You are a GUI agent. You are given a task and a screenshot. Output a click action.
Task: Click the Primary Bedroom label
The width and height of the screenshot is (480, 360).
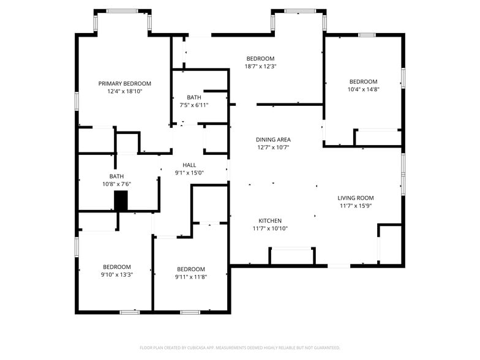(125, 83)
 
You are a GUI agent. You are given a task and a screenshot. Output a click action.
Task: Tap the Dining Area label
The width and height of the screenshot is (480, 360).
(273, 140)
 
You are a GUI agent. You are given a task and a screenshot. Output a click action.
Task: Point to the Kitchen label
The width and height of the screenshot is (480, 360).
(270, 220)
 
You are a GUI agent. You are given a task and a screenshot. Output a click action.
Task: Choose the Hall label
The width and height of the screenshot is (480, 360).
(189, 165)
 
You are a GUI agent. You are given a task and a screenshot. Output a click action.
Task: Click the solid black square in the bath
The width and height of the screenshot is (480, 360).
(121, 201)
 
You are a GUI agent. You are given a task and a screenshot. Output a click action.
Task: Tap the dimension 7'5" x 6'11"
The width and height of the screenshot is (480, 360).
(194, 105)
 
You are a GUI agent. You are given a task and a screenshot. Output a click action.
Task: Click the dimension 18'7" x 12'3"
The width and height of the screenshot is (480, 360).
(261, 66)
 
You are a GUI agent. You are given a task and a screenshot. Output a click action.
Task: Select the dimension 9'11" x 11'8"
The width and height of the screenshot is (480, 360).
(191, 277)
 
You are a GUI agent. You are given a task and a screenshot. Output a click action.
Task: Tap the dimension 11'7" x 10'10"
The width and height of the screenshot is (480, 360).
(270, 228)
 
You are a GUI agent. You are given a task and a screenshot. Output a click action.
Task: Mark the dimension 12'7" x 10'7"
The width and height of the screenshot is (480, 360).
(273, 147)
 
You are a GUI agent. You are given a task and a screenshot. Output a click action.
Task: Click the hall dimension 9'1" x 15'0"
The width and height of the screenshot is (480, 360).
(189, 173)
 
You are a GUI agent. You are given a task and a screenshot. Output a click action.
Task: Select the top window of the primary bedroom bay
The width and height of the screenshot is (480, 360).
(122, 11)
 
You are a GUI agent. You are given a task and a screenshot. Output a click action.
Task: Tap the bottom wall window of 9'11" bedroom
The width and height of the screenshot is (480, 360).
(190, 312)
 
